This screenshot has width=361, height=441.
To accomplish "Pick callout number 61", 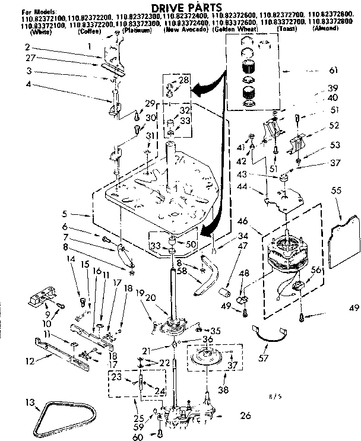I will [x=332, y=71].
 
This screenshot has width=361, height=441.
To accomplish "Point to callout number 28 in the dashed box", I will [x=183, y=80].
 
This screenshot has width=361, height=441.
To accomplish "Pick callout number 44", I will [x=259, y=188].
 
